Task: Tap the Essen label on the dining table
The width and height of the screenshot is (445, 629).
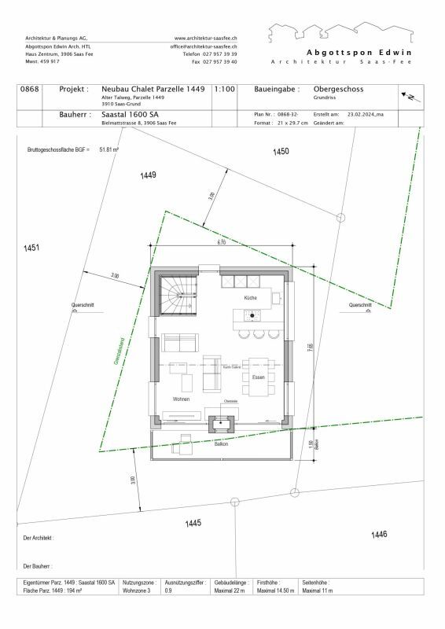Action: pos(258,377)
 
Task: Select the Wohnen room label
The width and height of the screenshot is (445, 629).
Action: pos(182,399)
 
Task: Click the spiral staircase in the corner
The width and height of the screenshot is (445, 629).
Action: pos(177,296)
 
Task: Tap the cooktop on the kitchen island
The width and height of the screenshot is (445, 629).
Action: pos(252,316)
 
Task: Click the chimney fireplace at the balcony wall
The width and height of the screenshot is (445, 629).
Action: pos(222,425)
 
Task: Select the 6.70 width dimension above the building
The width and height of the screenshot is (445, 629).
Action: pos(222,243)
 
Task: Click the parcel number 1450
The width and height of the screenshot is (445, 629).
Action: pos(281,151)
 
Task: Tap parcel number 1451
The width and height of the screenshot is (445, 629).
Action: pos(31,248)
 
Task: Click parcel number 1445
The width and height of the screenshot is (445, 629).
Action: pos(193,523)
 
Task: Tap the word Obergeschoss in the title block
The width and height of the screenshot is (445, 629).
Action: pos(338,90)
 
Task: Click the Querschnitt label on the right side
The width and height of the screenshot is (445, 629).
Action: pos(360,304)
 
